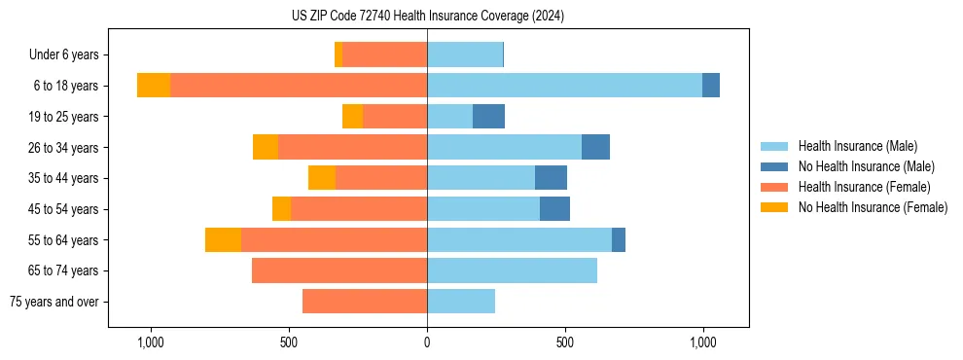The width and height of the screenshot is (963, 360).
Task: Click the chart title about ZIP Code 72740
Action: pos(427,17)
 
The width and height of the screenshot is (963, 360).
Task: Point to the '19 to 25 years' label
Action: pos(64,117)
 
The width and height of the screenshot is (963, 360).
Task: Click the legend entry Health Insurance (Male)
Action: pos(857,146)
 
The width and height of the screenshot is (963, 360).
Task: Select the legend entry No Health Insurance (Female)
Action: pos(873,207)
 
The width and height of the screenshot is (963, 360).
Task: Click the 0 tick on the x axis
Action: pos(427,342)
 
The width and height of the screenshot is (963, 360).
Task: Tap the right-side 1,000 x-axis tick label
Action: pos(702,342)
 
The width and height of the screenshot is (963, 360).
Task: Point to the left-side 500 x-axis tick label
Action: pos(289,342)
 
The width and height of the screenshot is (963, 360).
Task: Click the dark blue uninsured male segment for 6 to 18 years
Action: pos(711,86)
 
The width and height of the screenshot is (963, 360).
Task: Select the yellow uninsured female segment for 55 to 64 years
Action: pos(223,239)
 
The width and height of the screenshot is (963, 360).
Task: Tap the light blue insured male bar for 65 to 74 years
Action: pos(512,270)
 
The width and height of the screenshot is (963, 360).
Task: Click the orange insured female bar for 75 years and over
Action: pos(365,302)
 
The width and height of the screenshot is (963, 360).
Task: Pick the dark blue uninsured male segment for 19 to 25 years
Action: pos(488,117)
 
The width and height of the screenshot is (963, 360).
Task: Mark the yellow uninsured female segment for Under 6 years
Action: pos(339,54)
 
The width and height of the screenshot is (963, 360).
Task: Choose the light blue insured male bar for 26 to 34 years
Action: pos(504,147)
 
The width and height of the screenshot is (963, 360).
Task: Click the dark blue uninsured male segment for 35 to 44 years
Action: pos(551,178)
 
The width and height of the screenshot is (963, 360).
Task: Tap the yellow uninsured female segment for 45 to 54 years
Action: pos(281,209)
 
